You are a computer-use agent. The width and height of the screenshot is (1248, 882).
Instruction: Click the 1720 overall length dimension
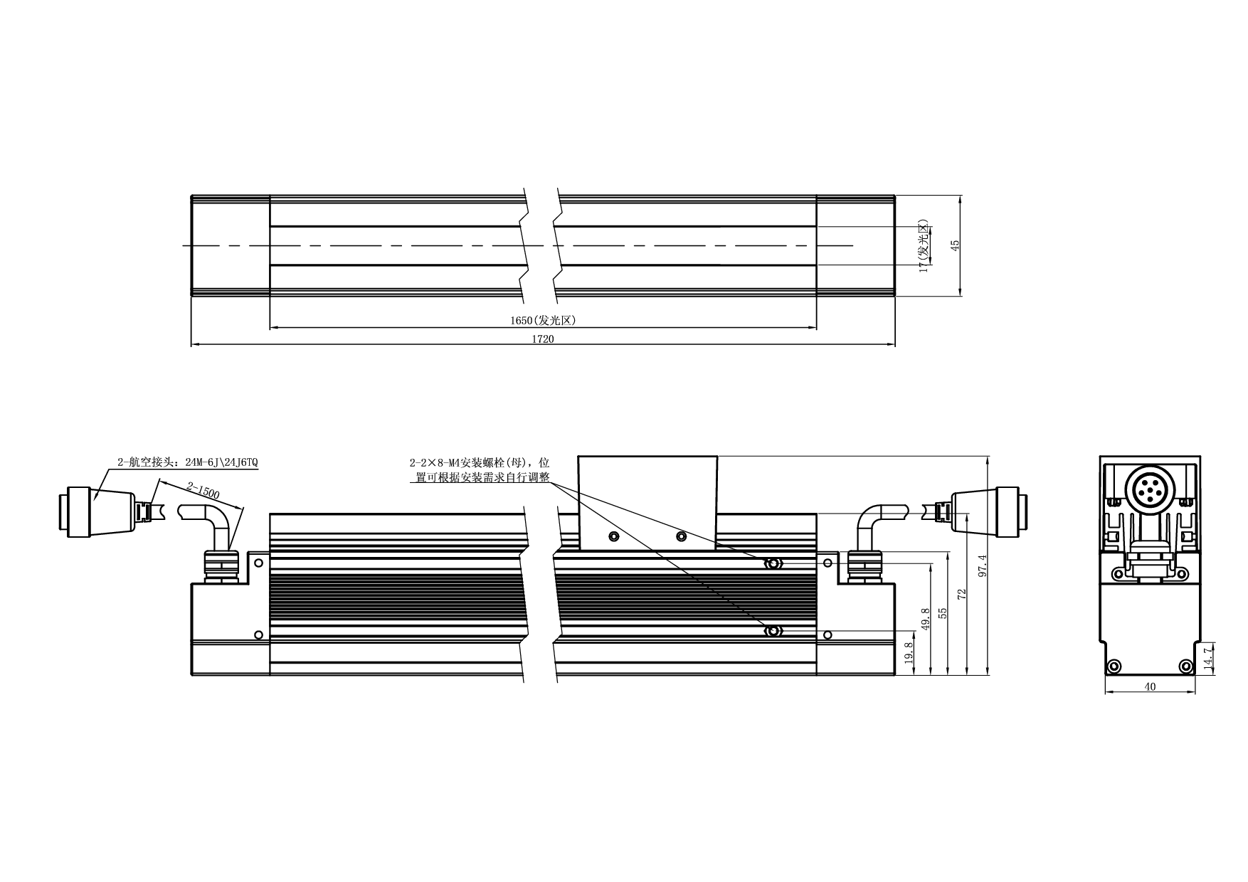[x=543, y=339]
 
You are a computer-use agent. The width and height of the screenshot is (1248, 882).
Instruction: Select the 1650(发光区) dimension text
[x=543, y=320]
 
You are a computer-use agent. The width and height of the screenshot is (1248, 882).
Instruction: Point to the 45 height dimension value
[x=956, y=244]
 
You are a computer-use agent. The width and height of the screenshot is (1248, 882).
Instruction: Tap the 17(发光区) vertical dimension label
[x=924, y=247]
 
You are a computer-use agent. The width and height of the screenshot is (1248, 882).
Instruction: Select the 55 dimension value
[x=943, y=613]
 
